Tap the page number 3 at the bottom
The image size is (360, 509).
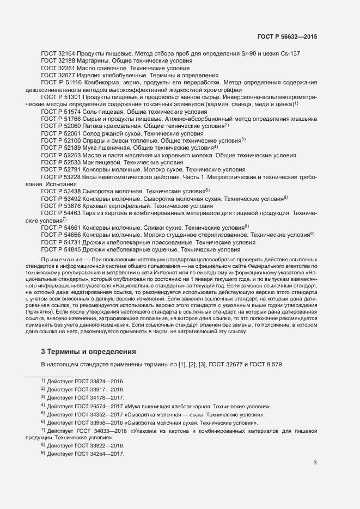click(x=315, y=463)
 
